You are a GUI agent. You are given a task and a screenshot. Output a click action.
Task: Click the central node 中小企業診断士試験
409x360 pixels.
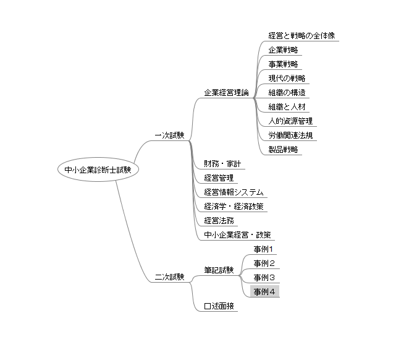point(98,169)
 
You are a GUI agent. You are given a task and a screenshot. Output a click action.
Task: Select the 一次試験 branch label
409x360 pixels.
point(169,135)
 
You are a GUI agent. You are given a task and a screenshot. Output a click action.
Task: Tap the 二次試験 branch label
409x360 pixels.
point(169,277)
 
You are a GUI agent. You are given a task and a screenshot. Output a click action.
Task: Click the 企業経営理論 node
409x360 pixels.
point(227,92)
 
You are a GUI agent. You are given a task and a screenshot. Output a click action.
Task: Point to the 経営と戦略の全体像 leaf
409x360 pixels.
point(302,35)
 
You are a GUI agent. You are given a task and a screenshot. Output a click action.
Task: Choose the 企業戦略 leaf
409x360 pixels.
point(284,49)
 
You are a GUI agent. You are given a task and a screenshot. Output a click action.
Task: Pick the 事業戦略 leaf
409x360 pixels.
point(284,64)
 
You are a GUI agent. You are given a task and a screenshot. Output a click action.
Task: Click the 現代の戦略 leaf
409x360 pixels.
point(287,78)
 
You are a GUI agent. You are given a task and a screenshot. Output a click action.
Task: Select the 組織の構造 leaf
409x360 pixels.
point(287,92)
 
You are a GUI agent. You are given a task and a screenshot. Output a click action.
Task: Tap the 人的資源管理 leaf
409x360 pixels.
point(290,121)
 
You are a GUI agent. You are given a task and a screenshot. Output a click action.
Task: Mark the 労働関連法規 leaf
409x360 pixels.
point(290,135)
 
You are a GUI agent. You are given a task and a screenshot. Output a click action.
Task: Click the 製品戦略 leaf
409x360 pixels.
point(284,149)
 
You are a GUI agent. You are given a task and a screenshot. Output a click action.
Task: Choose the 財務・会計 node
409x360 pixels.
point(222,164)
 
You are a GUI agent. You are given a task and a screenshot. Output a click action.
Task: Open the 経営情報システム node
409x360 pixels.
point(234,192)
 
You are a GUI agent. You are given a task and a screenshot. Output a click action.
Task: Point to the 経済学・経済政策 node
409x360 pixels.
point(234,206)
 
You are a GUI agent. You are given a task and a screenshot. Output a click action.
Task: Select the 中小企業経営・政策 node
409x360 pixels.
point(237,234)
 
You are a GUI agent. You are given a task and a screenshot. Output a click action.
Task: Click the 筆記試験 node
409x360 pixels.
point(219,270)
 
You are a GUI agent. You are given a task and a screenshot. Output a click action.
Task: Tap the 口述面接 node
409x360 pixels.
point(219,306)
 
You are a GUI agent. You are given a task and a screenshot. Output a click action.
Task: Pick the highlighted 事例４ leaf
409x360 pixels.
point(264,291)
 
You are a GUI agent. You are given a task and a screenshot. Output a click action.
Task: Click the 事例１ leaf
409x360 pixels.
point(264,249)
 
